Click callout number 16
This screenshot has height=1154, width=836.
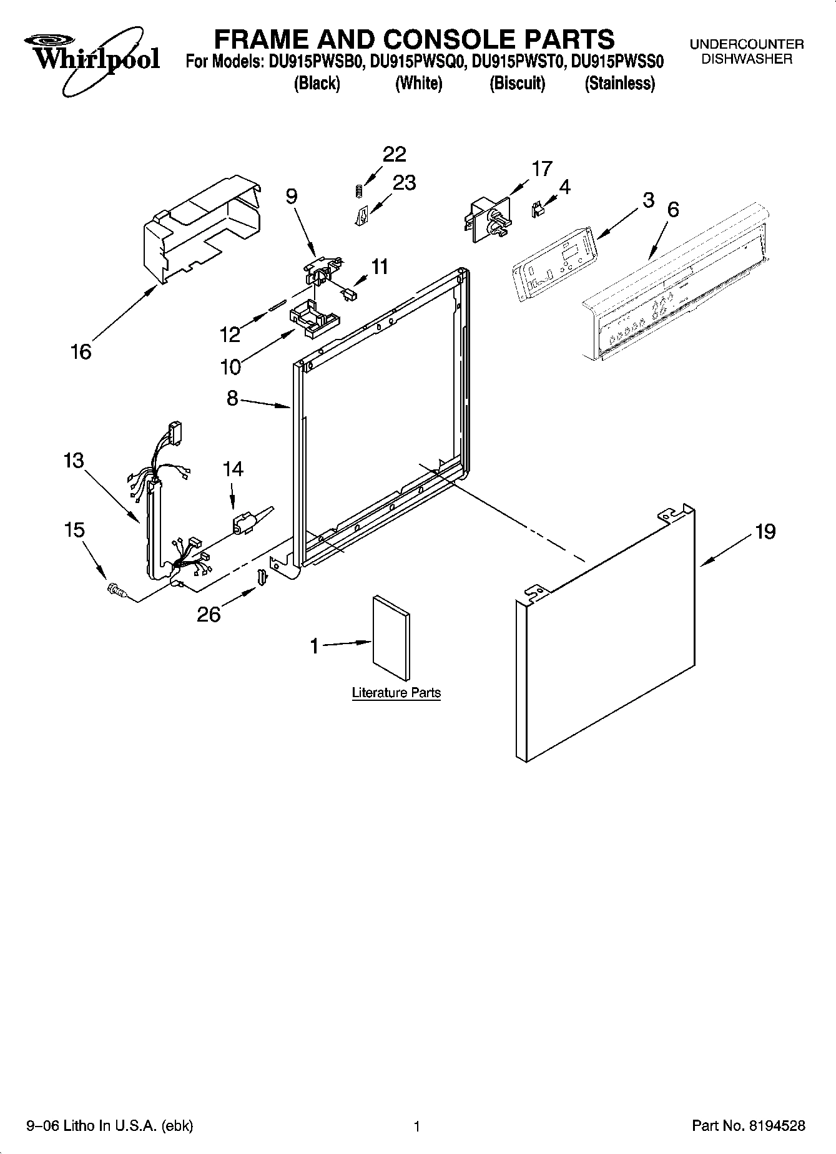81,352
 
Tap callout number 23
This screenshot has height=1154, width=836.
404,183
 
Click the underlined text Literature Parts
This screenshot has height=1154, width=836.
396,693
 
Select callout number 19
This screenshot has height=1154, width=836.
765,532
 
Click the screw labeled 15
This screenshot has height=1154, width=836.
116,588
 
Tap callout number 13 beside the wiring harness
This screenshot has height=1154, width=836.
74,461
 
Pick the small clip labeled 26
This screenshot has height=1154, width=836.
262,577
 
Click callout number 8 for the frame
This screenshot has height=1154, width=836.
232,398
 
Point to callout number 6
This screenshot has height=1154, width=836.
673,210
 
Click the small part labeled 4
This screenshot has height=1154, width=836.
536,210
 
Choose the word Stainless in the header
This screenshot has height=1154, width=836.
619,84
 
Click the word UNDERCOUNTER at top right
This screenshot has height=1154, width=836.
746,45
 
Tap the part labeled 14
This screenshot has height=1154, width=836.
245,521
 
